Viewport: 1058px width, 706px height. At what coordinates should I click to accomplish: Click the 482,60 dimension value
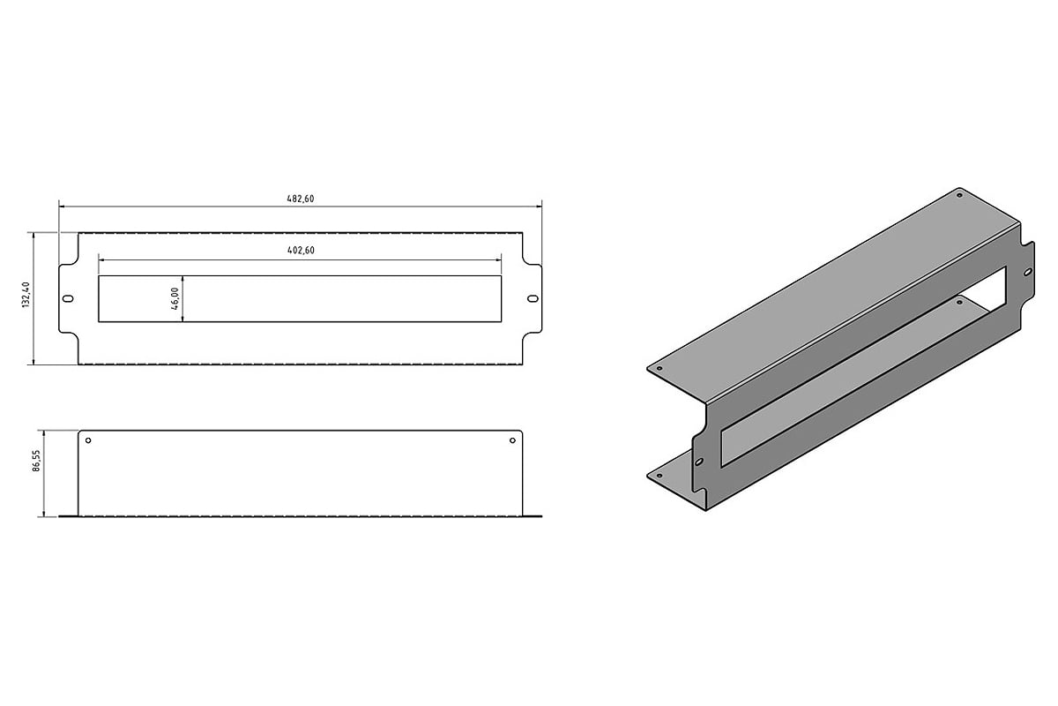pyautogui.click(x=301, y=199)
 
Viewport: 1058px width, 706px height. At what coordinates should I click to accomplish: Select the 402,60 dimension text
pyautogui.click(x=301, y=250)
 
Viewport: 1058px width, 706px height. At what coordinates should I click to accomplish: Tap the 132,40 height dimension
pyautogui.click(x=26, y=295)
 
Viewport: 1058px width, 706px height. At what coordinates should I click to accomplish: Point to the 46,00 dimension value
pyautogui.click(x=175, y=299)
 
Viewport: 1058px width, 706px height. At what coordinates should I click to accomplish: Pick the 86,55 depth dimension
pyautogui.click(x=36, y=461)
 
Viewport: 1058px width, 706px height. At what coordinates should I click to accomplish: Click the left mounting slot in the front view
pyautogui.click(x=68, y=299)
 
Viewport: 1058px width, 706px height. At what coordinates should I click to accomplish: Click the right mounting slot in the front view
pyautogui.click(x=533, y=299)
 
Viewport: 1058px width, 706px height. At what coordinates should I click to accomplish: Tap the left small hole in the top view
pyautogui.click(x=88, y=440)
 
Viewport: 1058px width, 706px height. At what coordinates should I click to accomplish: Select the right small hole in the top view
pyautogui.click(x=512, y=440)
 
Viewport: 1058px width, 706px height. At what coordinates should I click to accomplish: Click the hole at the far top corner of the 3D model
pyautogui.click(x=959, y=195)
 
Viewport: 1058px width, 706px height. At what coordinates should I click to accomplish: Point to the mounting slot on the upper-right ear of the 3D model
pyautogui.click(x=1028, y=272)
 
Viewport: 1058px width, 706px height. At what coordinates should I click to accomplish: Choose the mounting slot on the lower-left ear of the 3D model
pyautogui.click(x=699, y=462)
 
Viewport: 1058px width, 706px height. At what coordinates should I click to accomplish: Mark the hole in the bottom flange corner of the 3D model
pyautogui.click(x=659, y=476)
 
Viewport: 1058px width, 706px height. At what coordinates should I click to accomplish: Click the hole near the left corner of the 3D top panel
pyautogui.click(x=659, y=368)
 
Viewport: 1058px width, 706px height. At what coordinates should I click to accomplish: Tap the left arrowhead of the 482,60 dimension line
pyautogui.click(x=62, y=207)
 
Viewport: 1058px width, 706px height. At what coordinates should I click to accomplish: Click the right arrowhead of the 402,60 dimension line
pyautogui.click(x=498, y=260)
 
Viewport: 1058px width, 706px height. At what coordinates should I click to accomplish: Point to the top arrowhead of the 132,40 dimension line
pyautogui.click(x=34, y=236)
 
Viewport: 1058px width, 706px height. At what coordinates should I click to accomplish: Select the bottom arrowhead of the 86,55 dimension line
pyautogui.click(x=44, y=513)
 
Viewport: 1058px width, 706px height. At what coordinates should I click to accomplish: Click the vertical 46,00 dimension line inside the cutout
pyautogui.click(x=183, y=299)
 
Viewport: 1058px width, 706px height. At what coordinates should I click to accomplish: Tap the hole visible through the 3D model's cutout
pyautogui.click(x=959, y=302)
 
